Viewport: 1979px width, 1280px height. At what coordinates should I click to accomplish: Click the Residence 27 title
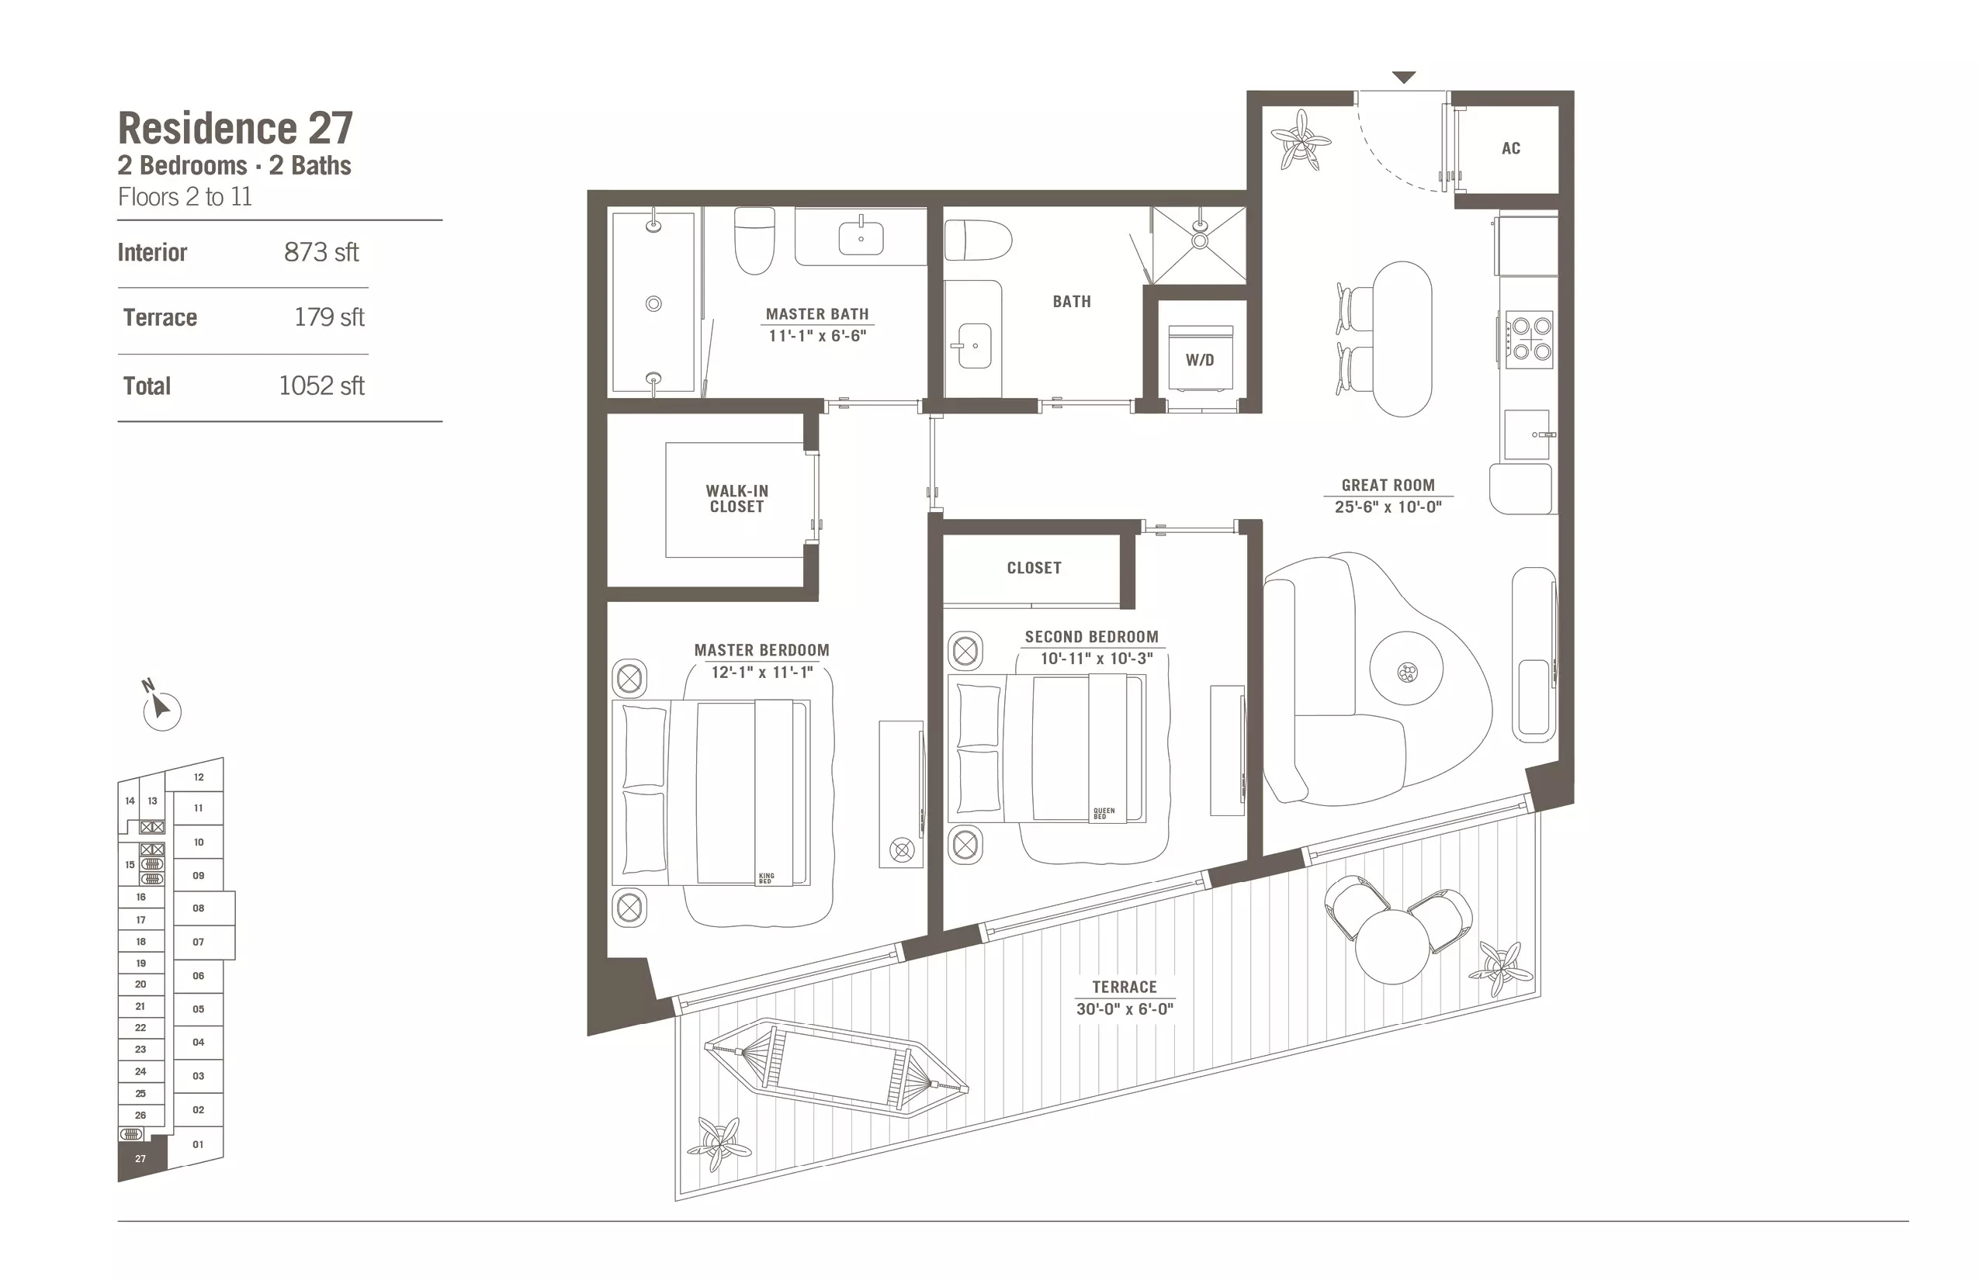pyautogui.click(x=235, y=128)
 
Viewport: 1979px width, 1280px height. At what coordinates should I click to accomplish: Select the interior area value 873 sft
pyautogui.click(x=321, y=252)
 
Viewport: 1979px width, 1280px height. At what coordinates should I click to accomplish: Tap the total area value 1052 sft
pyautogui.click(x=321, y=386)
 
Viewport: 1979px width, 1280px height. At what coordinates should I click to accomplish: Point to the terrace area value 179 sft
pyautogui.click(x=329, y=317)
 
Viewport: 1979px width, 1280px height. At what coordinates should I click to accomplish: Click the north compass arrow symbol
pyautogui.click(x=161, y=708)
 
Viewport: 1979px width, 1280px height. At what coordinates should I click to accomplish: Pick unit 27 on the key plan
pyautogui.click(x=140, y=1157)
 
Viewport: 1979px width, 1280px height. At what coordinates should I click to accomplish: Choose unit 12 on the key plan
pyautogui.click(x=198, y=777)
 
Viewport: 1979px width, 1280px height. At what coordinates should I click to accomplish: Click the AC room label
pyautogui.click(x=1511, y=149)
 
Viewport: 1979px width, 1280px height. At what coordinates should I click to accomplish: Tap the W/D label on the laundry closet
pyautogui.click(x=1200, y=360)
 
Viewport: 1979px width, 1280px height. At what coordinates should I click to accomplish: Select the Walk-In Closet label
pyautogui.click(x=736, y=499)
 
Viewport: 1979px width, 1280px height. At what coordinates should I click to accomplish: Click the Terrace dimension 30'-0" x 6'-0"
pyautogui.click(x=1125, y=1009)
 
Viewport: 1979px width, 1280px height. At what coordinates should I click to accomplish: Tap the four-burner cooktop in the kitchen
pyautogui.click(x=1529, y=339)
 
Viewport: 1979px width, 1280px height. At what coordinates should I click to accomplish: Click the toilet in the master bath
pyautogui.click(x=754, y=240)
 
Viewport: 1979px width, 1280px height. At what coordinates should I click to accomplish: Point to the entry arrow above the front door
pyautogui.click(x=1404, y=78)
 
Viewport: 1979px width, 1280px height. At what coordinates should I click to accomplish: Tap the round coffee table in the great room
pyautogui.click(x=1406, y=669)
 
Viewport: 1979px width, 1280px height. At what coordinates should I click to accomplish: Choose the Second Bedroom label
pyautogui.click(x=1091, y=637)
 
